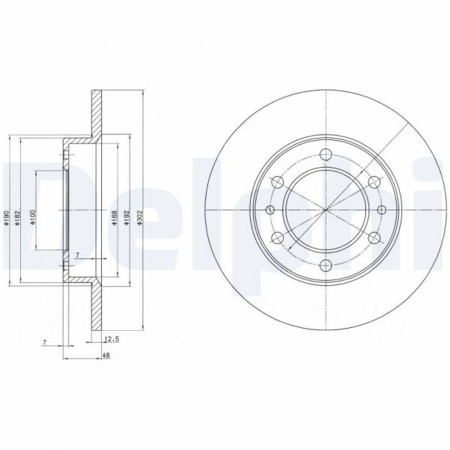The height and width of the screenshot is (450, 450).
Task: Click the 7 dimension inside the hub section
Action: point(76,256)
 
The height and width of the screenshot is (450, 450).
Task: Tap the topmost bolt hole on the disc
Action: point(324,154)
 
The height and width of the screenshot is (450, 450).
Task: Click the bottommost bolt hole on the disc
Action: point(324,264)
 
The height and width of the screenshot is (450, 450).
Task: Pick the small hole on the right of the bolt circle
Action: point(380,210)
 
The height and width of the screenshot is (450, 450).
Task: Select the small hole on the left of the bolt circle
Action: point(269,210)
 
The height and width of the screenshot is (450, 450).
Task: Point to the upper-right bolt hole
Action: point(372,182)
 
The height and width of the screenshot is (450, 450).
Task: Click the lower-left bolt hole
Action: point(277,237)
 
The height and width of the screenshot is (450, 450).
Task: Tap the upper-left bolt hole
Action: point(277,182)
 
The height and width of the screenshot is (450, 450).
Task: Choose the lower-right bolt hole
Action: point(372,237)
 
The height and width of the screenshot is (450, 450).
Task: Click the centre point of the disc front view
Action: point(324,210)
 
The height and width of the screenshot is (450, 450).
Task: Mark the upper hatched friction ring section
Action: point(95,112)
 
